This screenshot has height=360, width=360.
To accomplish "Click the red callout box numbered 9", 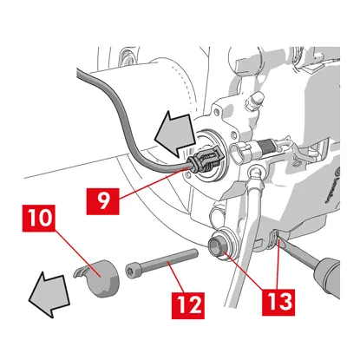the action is (102, 201).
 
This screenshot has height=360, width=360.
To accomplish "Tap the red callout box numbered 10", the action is (39, 219).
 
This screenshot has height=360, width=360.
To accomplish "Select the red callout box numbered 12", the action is (188, 305).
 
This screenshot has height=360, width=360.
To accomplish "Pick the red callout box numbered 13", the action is (278, 302).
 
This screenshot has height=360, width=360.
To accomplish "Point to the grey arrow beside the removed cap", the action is (49, 293).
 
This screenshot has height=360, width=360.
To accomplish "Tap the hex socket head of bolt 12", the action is (131, 270).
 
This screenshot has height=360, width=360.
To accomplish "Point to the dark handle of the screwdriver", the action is (327, 276).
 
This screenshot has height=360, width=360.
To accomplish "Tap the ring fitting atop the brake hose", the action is (256, 172).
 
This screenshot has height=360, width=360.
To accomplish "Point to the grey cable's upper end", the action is (77, 72).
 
